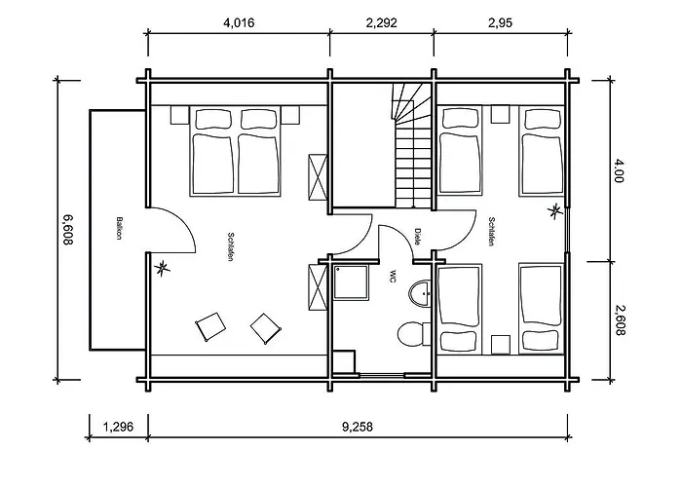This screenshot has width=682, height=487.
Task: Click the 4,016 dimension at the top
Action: [x=239, y=22]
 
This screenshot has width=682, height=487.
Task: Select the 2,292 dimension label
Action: [x=382, y=22]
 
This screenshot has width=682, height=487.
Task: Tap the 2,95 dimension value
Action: [x=500, y=22]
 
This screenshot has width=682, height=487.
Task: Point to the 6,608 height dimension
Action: [x=68, y=230]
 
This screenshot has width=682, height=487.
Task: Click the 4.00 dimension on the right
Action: [x=619, y=170]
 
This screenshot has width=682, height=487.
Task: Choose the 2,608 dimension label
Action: [x=620, y=319]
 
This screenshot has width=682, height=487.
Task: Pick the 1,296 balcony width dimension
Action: [x=118, y=427]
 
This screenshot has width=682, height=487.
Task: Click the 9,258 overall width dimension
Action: [x=358, y=427]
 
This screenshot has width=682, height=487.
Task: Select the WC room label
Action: [x=393, y=277]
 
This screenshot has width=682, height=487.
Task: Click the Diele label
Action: [x=418, y=237]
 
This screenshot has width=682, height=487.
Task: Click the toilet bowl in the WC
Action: [x=410, y=334]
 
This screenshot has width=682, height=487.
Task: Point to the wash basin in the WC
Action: [x=420, y=294]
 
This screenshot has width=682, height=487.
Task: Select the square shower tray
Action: [x=352, y=282]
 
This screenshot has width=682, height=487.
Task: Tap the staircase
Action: [x=413, y=146]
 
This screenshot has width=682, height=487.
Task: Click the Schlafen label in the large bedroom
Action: [x=231, y=247]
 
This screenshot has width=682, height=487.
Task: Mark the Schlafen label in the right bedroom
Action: [x=491, y=232]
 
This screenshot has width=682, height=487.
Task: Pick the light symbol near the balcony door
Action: [x=163, y=268]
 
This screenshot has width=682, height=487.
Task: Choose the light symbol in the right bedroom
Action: [x=555, y=211]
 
